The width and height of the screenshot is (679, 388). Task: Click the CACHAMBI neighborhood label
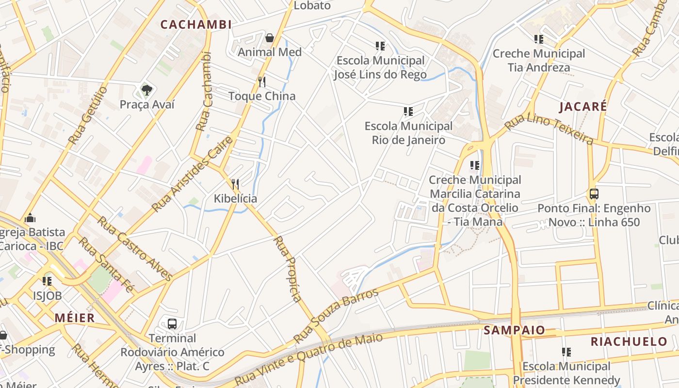tap(196, 24)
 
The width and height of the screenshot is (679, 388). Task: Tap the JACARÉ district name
tap(583, 107)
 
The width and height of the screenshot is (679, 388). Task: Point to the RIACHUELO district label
tap(629, 341)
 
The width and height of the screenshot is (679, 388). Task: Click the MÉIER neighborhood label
tap(75, 318)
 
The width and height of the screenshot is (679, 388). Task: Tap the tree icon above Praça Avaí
tap(146, 90)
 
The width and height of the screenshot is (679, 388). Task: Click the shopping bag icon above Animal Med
tap(270, 37)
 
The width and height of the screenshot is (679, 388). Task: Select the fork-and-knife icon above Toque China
tap(262, 81)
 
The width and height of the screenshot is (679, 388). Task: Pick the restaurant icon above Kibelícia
tap(235, 184)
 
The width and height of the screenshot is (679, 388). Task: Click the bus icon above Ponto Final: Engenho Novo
tap(594, 194)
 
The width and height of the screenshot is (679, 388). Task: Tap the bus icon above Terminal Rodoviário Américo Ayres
tap(172, 323)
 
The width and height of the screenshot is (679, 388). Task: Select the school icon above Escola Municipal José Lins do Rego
tap(380, 46)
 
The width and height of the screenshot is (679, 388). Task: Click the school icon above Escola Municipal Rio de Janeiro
tap(408, 112)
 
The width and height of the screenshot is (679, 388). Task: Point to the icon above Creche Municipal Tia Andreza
tap(539, 39)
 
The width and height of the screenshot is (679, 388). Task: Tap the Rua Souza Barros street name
tap(336, 316)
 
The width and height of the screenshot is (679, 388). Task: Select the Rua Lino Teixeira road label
tap(549, 129)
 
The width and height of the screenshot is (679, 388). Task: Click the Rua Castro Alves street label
tap(135, 248)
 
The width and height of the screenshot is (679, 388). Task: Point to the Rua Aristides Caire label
tap(192, 175)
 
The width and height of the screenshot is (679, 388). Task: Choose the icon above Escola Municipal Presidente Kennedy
tap(566, 352)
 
